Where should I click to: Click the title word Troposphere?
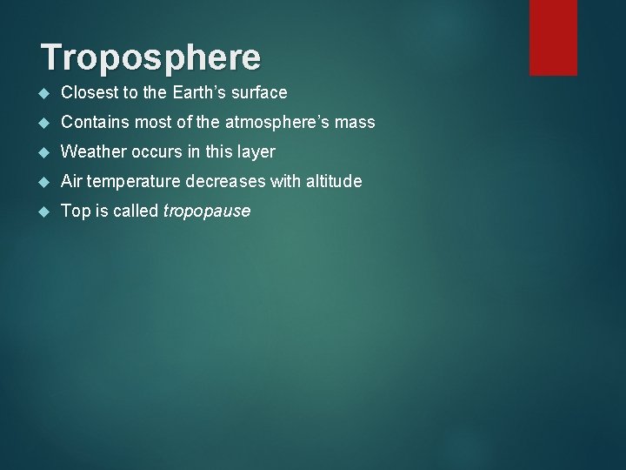click(150, 57)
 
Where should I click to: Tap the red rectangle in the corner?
click(553, 37)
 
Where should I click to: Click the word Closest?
click(90, 93)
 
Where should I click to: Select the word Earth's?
click(205, 93)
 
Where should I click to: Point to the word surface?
click(260, 93)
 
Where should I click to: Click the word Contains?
click(94, 123)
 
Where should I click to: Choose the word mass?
click(356, 123)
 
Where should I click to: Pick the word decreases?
click(216, 182)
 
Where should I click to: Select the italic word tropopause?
click(207, 211)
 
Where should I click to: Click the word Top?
click(75, 211)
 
